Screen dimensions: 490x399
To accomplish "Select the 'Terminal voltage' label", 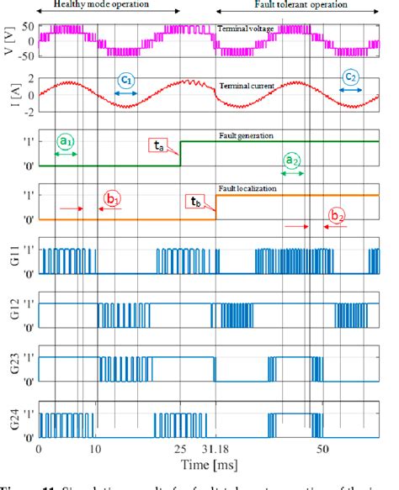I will [x=250, y=29].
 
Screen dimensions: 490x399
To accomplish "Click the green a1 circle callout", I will [x=66, y=141].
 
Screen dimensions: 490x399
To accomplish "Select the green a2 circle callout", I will [x=291, y=159].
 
